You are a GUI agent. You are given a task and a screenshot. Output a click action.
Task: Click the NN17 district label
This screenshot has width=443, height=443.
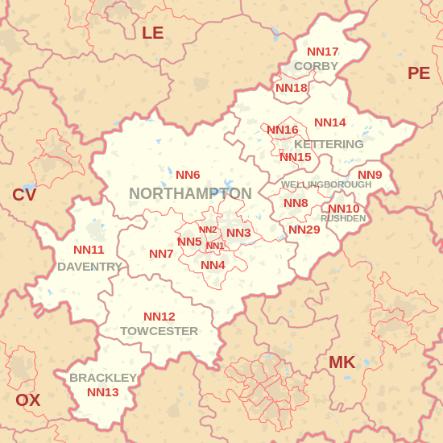coord(323,52)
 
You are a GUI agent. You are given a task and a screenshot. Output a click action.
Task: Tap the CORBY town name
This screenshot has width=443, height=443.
coord(316,66)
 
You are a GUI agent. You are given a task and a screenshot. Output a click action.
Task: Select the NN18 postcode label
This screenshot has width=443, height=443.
coord(292,88)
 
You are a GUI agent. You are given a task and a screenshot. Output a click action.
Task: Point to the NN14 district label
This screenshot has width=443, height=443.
coord(330,122)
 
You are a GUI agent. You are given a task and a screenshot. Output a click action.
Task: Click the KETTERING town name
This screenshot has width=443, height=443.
coord(329,144)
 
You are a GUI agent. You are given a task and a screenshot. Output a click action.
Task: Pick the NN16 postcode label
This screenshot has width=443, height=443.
coord(283,130)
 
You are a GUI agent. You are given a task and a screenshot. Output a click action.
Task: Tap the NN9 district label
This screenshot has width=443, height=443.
coord(370,175)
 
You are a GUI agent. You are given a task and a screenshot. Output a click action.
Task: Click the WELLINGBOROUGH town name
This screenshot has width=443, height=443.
coord(326,184)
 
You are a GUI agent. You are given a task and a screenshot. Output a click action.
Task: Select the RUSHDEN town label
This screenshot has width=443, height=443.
coord(343,218)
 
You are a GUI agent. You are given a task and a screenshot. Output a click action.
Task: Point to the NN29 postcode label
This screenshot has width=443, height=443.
coord(304,230)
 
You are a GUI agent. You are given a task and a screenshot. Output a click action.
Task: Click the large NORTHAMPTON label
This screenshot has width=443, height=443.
coord(190,194)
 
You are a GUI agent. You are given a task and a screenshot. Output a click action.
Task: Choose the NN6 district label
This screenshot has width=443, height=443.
coord(188,175)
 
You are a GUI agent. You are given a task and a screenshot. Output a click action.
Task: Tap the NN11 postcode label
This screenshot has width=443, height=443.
coord(89,250)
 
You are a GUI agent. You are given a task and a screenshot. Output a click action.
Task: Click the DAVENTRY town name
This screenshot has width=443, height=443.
coord(90,267)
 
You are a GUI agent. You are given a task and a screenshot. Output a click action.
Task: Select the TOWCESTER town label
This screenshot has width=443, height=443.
coord(159,331)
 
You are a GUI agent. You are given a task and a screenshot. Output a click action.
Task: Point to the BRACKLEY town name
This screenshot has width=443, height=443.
coord(103,378)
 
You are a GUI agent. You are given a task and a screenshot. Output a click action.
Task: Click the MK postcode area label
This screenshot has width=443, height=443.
coord(342,362)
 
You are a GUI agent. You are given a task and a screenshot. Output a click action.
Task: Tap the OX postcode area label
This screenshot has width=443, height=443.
coord(27,400)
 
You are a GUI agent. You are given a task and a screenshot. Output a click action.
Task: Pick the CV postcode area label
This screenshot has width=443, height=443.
coord(24,195)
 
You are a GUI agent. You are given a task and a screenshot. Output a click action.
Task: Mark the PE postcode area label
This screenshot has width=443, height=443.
coord(419,73)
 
